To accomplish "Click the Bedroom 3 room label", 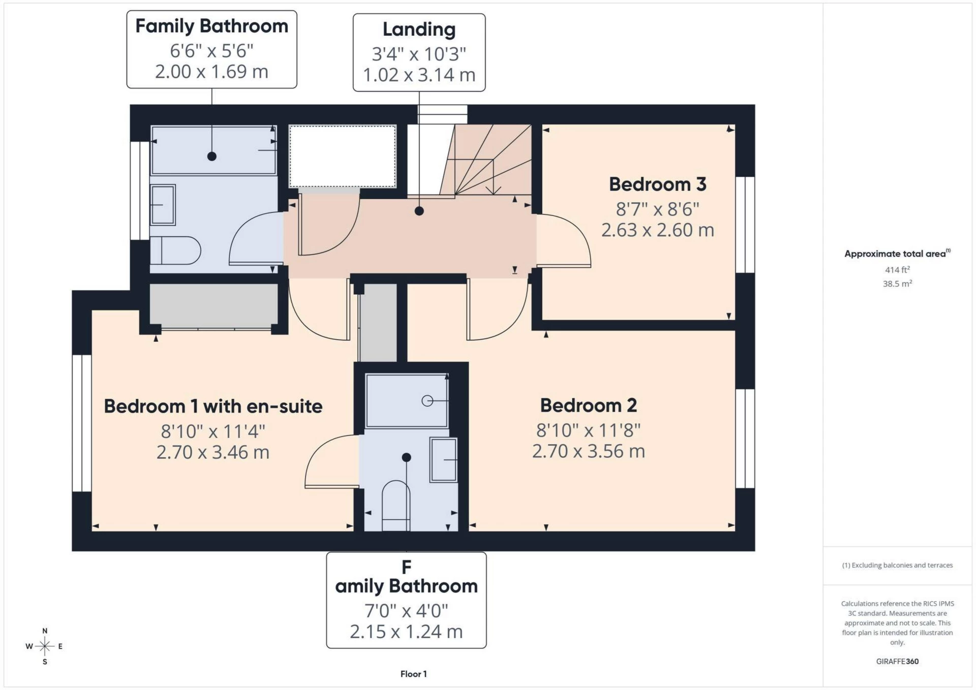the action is (657, 184).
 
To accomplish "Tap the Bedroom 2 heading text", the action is (588, 405).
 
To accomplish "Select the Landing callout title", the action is (419, 29).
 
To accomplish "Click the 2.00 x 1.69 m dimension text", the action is (211, 72).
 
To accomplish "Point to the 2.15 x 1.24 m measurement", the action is (406, 632).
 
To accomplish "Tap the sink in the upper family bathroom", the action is (163, 205).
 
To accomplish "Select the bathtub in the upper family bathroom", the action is (213, 150).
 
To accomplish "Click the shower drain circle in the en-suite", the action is (427, 401).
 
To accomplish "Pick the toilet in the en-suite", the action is (396, 506).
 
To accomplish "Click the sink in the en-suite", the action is (443, 459).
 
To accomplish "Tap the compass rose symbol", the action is (45, 646).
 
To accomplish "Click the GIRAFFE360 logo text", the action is (897, 662).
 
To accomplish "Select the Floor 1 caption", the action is (414, 674).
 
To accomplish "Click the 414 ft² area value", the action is (897, 270).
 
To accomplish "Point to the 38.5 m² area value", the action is (897, 284).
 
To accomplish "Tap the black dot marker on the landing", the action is (419, 211).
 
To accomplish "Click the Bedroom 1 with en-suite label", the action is (213, 406).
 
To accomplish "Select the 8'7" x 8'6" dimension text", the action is (657, 209).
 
